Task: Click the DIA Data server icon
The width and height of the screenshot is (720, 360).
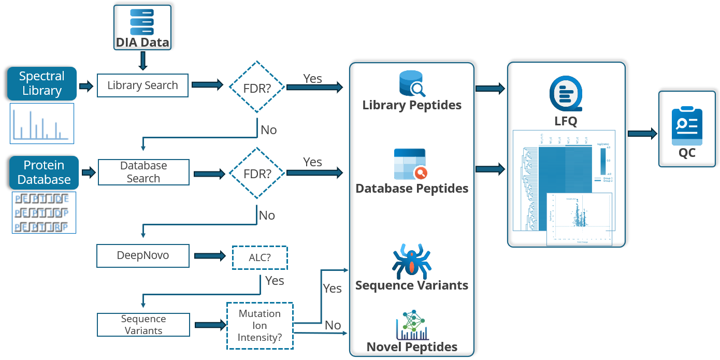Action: (x=142, y=21)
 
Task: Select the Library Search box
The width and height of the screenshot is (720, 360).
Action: (x=142, y=85)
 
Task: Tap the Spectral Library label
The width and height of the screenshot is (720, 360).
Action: (x=41, y=83)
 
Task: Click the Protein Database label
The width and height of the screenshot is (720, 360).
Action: (x=44, y=172)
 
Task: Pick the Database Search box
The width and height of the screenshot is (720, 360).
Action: (x=143, y=172)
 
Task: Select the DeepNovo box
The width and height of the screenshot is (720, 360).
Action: (x=143, y=256)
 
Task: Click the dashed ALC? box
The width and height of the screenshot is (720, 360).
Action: (x=260, y=257)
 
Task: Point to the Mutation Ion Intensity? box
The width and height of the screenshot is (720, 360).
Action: (x=260, y=326)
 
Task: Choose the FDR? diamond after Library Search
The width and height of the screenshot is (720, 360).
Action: (x=257, y=87)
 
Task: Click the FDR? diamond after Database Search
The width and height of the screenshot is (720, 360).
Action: (x=257, y=173)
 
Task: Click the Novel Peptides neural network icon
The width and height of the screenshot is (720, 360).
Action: (x=412, y=325)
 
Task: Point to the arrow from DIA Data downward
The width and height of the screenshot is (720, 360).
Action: (x=143, y=61)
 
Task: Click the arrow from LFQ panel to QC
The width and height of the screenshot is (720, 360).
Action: (x=642, y=134)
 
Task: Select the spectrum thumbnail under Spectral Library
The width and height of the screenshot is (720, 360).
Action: (x=42, y=123)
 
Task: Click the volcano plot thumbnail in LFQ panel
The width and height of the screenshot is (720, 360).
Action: (x=580, y=219)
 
